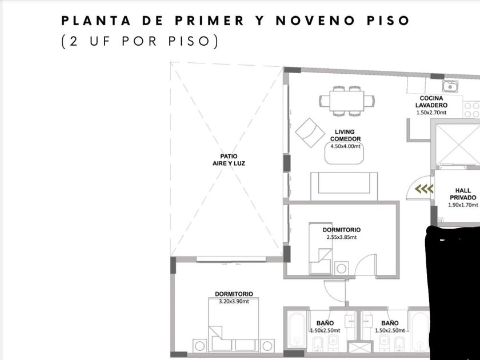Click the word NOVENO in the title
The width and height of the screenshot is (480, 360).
pyautogui.click(x=315, y=21)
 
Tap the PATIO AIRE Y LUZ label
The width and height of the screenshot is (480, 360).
pyautogui.click(x=229, y=160)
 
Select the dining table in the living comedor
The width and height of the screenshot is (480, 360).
pyautogui.click(x=347, y=101)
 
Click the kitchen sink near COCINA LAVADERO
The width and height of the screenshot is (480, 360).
pyautogui.click(x=450, y=87)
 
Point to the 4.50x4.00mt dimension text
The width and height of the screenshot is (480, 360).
pyautogui.click(x=345, y=146)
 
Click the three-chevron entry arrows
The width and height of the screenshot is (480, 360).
pyautogui.click(x=424, y=189)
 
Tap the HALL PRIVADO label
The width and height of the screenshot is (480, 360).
pyautogui.click(x=463, y=194)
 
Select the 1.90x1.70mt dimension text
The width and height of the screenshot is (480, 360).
pyautogui.click(x=463, y=205)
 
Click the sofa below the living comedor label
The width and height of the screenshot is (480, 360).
pyautogui.click(x=344, y=186)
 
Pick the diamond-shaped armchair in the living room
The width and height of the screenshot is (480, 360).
pyautogui.click(x=310, y=133)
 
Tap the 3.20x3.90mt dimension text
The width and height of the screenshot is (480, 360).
pyautogui.click(x=234, y=302)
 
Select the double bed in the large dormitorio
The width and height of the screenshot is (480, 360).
pyautogui.click(x=234, y=325)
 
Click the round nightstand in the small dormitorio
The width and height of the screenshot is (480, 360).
pyautogui.click(x=341, y=269)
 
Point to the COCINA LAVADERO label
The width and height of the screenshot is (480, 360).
pyautogui.click(x=431, y=102)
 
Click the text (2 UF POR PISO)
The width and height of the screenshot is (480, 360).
pyautogui.click(x=140, y=41)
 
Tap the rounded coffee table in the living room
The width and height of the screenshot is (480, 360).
pyautogui.click(x=344, y=153)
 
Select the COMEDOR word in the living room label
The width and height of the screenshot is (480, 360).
pyautogui.click(x=345, y=139)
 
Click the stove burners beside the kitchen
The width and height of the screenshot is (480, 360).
pyautogui.click(x=471, y=110)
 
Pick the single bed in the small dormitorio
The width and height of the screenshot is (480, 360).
pyautogui.click(x=320, y=249)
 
